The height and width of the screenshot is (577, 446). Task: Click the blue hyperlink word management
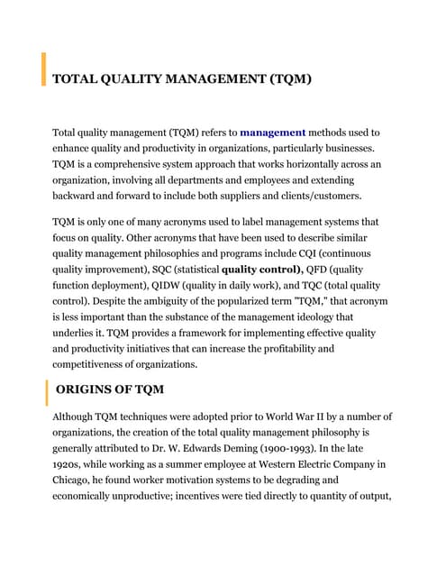tap(273, 133)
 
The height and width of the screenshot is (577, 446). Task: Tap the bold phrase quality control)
tap(261, 270)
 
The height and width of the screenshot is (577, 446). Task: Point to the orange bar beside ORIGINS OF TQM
tap(46, 393)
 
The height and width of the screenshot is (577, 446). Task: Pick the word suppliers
tap(255, 196)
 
